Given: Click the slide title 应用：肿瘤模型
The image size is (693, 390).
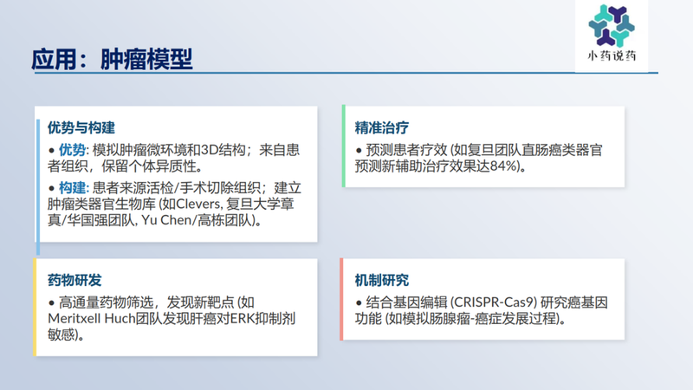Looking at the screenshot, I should pyautogui.click(x=112, y=60).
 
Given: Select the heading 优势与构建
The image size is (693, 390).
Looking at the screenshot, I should pyautogui.click(x=81, y=127).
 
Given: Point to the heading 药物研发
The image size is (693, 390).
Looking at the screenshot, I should pyautogui.click(x=74, y=280).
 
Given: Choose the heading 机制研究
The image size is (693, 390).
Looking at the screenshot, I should pyautogui.click(x=382, y=280).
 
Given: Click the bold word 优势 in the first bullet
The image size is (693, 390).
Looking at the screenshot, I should pyautogui.click(x=73, y=150).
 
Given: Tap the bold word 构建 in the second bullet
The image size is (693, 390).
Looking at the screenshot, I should pyautogui.click(x=73, y=187).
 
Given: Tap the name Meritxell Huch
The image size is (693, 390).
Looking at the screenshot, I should pyautogui.click(x=94, y=319).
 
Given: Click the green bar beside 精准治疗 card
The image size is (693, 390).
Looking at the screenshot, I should pyautogui.click(x=343, y=146).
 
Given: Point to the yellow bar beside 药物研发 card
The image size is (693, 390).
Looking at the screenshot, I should pyautogui.click(x=35, y=306).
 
